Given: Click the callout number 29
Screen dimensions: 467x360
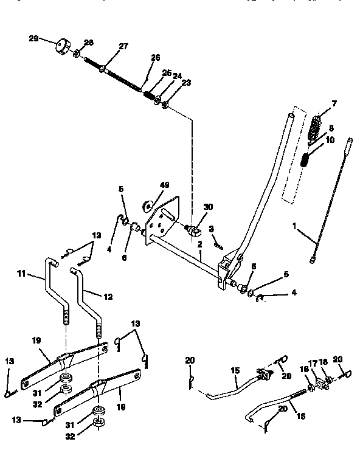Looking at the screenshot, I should coord(33,38).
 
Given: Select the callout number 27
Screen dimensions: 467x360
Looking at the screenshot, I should coord(123,46).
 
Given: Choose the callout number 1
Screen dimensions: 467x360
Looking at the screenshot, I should coord(295,226).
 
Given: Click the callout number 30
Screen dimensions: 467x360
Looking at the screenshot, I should coord(209,207).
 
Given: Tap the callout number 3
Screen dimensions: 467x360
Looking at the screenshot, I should coord(212,229).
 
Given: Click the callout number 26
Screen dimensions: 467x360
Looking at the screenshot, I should coord(156,58).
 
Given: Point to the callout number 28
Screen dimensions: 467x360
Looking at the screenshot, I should coord(89,42).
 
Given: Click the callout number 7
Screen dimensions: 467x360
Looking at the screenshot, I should coord(333,103).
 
